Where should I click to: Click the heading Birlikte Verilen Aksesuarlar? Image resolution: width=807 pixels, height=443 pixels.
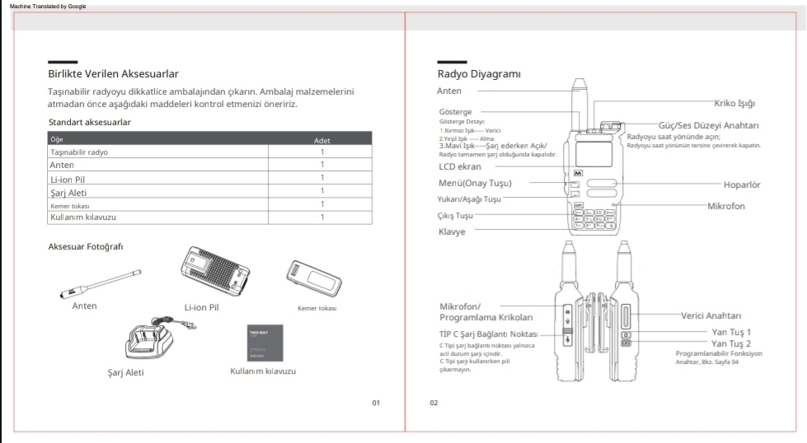[113, 75]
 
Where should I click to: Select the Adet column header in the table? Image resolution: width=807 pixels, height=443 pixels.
[322, 141]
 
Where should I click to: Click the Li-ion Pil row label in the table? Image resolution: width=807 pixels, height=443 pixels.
[68, 178]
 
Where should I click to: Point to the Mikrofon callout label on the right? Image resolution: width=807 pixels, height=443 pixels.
[725, 206]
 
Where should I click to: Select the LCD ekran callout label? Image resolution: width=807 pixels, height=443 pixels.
[459, 166]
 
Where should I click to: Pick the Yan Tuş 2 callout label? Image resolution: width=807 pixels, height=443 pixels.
[730, 343]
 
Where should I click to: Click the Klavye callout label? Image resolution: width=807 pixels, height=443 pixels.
[452, 232]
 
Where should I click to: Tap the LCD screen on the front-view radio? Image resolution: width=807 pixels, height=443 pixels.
[581, 152]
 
